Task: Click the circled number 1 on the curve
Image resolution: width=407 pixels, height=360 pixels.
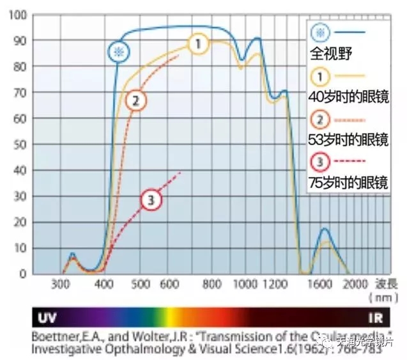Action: pyautogui.click(x=199, y=44)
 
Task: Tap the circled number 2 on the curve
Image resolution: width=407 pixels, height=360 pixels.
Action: pyautogui.click(x=136, y=100)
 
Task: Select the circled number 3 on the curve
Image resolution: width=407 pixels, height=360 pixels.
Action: pyautogui.click(x=151, y=200)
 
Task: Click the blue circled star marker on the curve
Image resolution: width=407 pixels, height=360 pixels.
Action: pyautogui.click(x=117, y=52)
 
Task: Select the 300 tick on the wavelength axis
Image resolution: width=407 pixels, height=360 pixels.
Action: pyautogui.click(x=61, y=284)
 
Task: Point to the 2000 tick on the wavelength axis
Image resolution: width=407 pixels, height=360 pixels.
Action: pyautogui.click(x=355, y=284)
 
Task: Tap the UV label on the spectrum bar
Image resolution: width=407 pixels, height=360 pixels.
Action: pyautogui.click(x=49, y=317)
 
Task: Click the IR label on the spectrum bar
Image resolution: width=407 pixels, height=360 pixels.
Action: pyautogui.click(x=375, y=317)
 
